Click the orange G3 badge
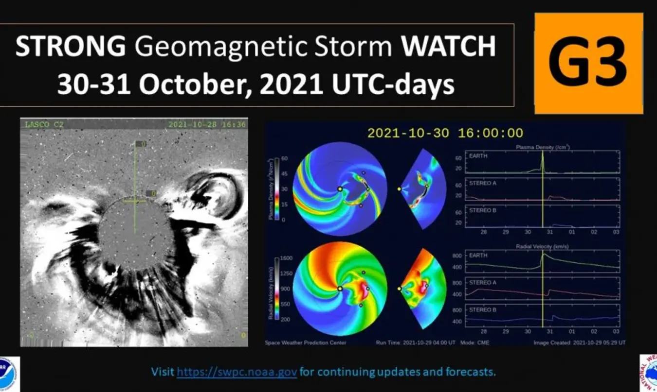pyautogui.click(x=588, y=63)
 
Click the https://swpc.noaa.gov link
pyautogui.click(x=237, y=372)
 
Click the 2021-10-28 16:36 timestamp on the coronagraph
pyautogui.click(x=207, y=125)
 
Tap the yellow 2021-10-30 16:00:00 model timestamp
pyautogui.click(x=445, y=133)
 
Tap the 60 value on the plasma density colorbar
pyautogui.click(x=284, y=158)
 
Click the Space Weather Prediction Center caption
pyautogui.click(x=305, y=342)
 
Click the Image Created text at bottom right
pyautogui.click(x=579, y=342)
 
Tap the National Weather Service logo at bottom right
pyautogui.click(x=648, y=373)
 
